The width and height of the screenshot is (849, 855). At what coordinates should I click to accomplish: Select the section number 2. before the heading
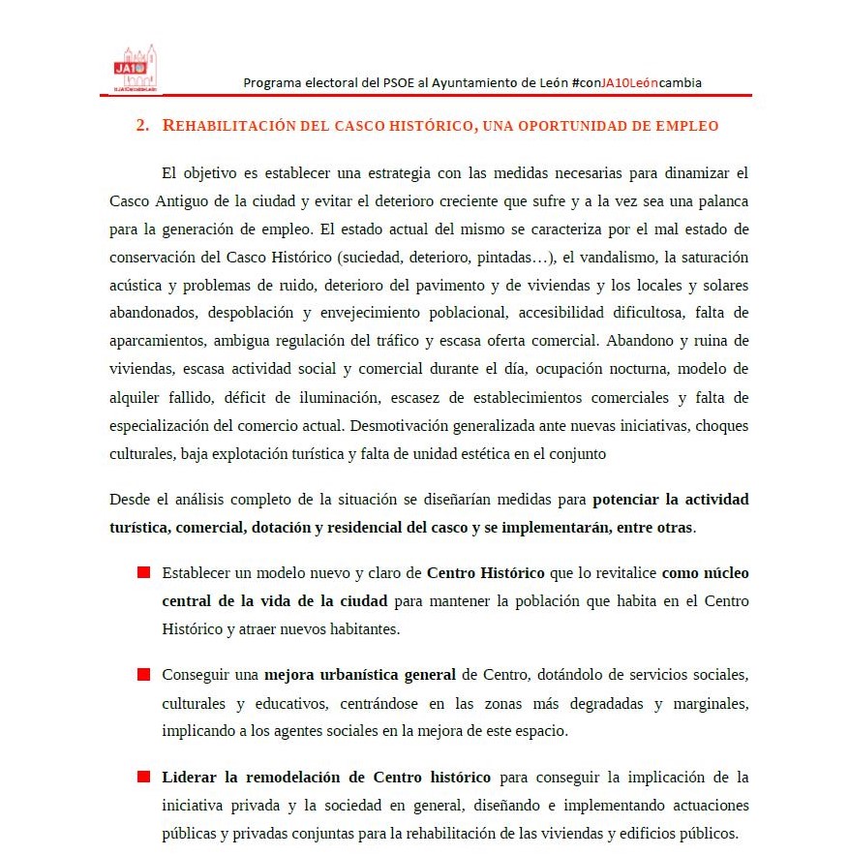click(142, 126)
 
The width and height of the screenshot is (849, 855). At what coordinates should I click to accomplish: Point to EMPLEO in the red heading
click(686, 126)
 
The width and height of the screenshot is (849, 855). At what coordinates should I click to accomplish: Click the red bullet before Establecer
click(143, 573)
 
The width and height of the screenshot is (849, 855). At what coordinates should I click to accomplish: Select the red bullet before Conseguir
click(143, 674)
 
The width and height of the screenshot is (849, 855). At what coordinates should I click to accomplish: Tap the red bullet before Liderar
click(143, 777)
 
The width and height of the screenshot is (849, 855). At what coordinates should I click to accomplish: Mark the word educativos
click(284, 702)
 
